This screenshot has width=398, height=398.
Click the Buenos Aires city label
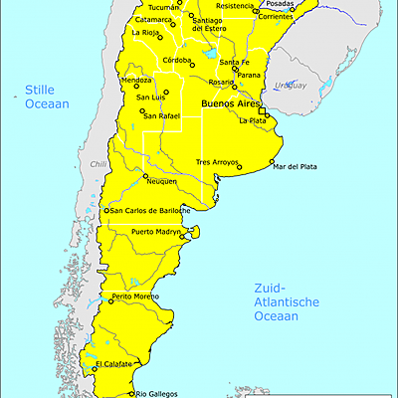pos(231,103)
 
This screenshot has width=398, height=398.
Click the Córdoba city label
pos(176,61)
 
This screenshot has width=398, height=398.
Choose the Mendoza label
pos(135,80)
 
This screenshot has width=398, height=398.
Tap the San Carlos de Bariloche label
pos(153,210)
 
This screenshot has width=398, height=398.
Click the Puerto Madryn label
pos(156,232)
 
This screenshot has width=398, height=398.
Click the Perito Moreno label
pos(136,297)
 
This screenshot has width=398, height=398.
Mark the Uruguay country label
pos(291,86)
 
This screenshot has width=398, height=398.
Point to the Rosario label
pos(221,82)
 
